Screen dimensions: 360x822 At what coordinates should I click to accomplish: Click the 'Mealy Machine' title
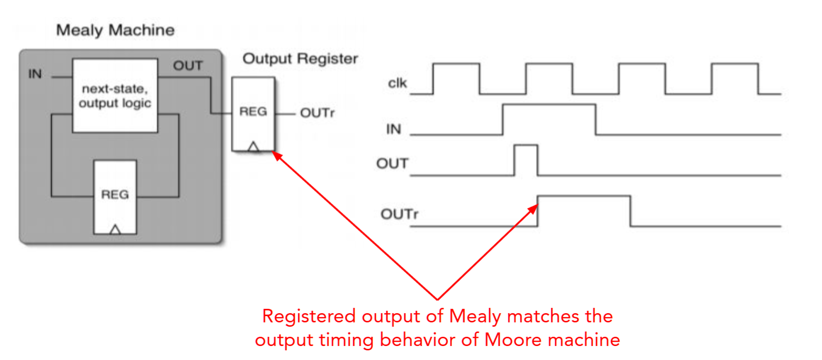click(x=115, y=30)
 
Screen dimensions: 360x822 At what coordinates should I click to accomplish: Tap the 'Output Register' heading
click(x=300, y=59)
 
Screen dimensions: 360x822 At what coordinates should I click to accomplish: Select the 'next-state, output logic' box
click(x=115, y=95)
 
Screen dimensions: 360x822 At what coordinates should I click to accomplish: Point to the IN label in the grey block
click(x=35, y=74)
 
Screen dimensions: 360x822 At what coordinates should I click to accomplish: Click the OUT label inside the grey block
click(x=187, y=66)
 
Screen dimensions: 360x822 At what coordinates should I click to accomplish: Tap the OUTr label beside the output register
click(x=317, y=113)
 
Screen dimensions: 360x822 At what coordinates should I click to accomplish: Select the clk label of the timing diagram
click(x=398, y=83)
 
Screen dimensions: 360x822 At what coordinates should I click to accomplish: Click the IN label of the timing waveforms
click(x=394, y=129)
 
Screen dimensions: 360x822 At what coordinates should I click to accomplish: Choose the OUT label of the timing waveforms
click(x=392, y=164)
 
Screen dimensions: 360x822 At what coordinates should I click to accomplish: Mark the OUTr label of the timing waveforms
click(x=399, y=214)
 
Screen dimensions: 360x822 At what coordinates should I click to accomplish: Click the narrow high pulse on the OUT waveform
click(x=526, y=159)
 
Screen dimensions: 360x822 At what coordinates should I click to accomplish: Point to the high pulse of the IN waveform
click(x=549, y=119)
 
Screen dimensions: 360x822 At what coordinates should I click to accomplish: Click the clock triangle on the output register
click(x=253, y=147)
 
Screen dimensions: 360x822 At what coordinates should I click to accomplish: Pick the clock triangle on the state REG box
click(x=115, y=229)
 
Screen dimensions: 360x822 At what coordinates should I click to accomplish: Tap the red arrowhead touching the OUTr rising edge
click(x=534, y=208)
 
